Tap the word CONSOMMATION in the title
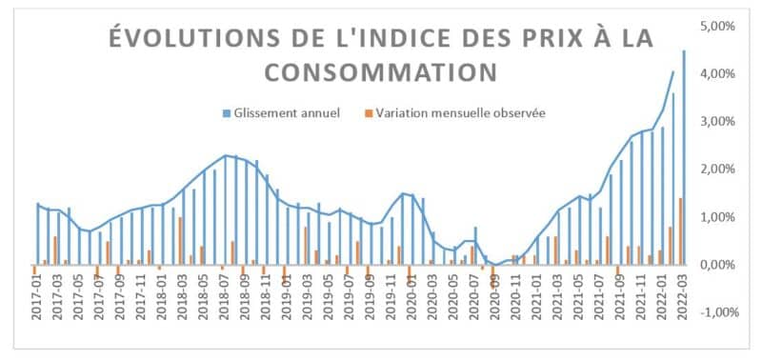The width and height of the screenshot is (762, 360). [380, 73]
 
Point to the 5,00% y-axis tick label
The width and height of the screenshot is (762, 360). [717, 27]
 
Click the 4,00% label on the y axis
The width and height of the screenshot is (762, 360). [717, 74]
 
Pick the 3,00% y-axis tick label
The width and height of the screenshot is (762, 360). [717, 122]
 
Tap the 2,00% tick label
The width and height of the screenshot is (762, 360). [717, 170]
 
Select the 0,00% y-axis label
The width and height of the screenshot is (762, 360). [717, 265]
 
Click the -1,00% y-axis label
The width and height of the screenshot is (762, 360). [715, 312]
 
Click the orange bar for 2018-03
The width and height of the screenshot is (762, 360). [180, 241]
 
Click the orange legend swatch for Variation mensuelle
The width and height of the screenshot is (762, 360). [368, 113]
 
